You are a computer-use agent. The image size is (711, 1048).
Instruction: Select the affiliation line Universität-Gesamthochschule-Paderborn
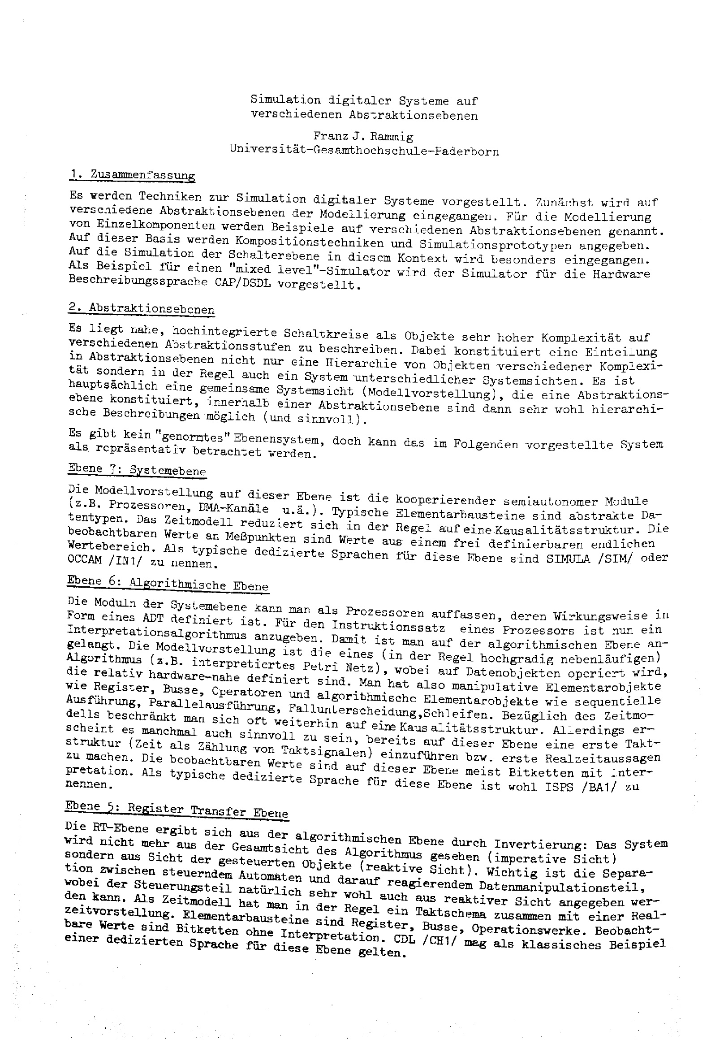point(364,150)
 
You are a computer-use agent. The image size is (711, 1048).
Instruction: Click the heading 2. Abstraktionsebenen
point(142,309)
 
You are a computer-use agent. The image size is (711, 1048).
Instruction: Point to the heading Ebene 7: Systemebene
point(137,470)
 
